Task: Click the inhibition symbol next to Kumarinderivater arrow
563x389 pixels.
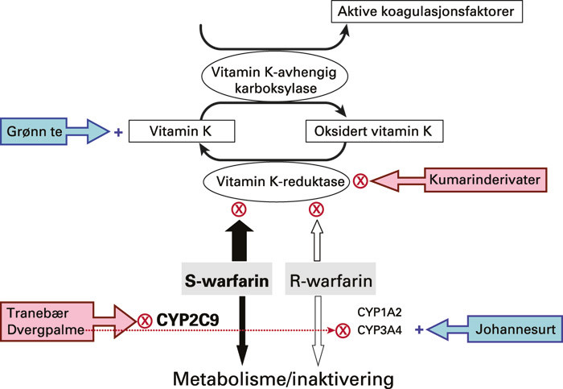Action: [x=361, y=181]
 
